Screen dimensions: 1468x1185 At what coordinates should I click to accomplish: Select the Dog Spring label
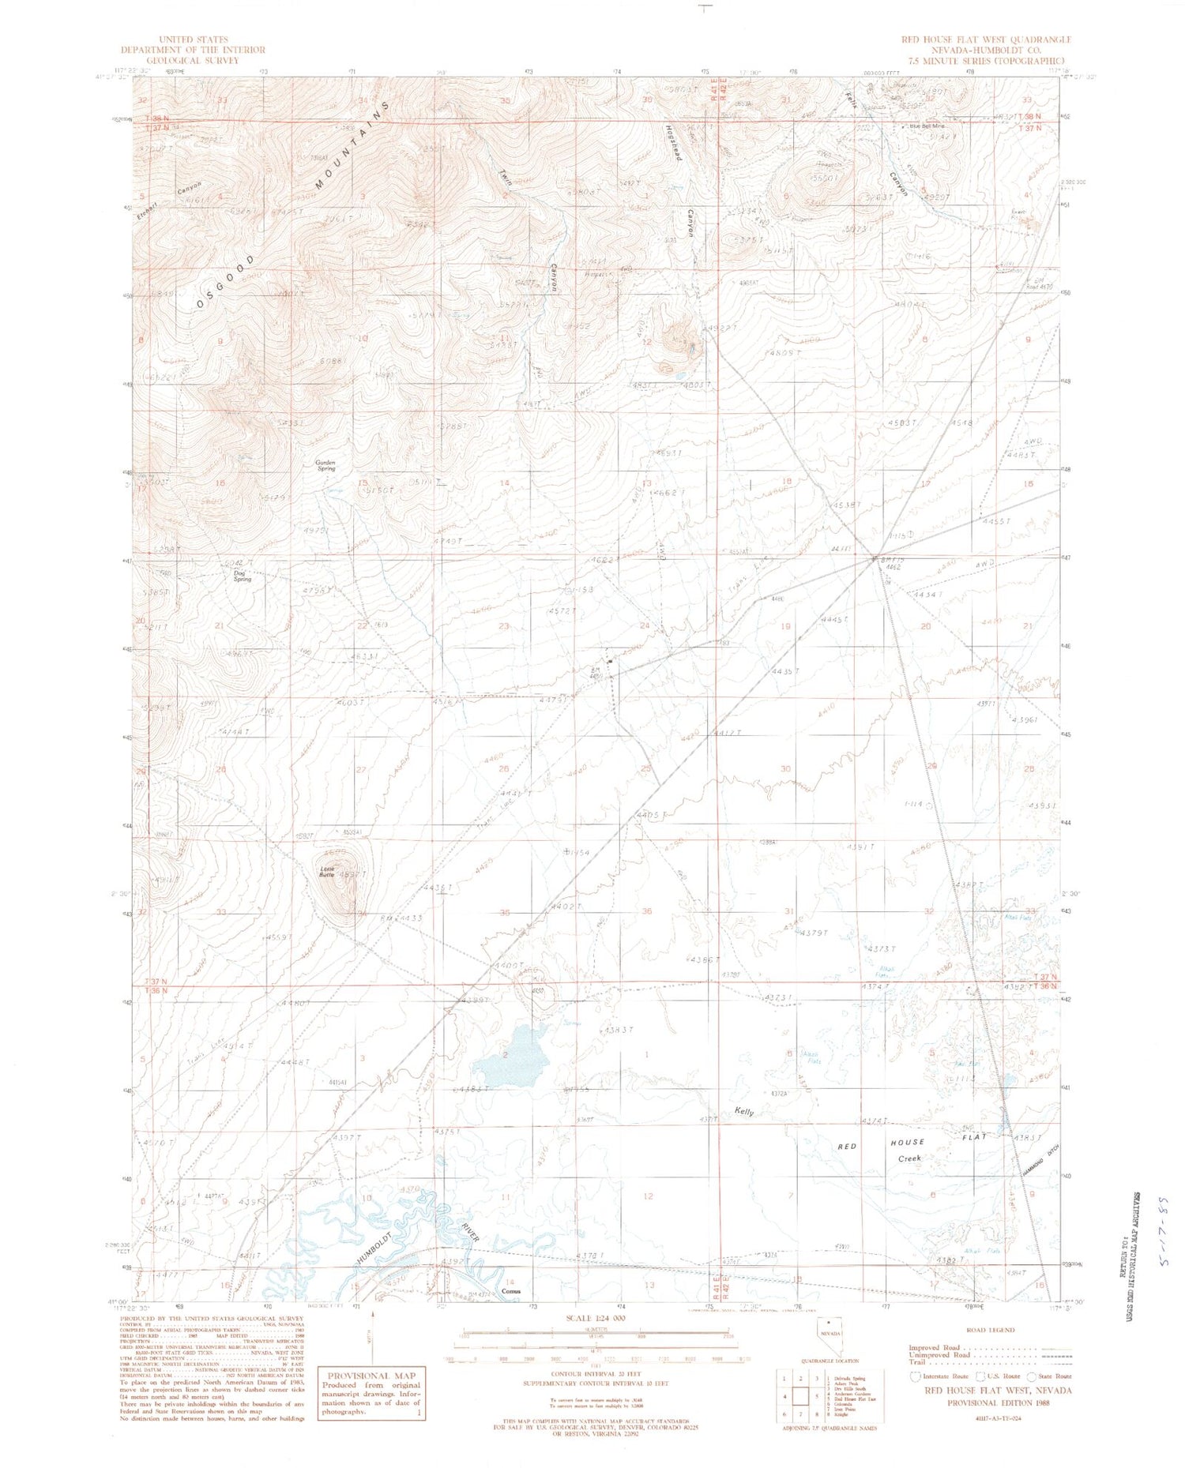coord(242,576)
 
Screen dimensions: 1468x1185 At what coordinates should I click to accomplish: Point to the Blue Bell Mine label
coord(927,126)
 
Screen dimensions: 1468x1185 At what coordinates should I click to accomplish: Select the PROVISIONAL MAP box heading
coord(371,1375)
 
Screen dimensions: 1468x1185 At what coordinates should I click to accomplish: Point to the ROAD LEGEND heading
coord(991,1331)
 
